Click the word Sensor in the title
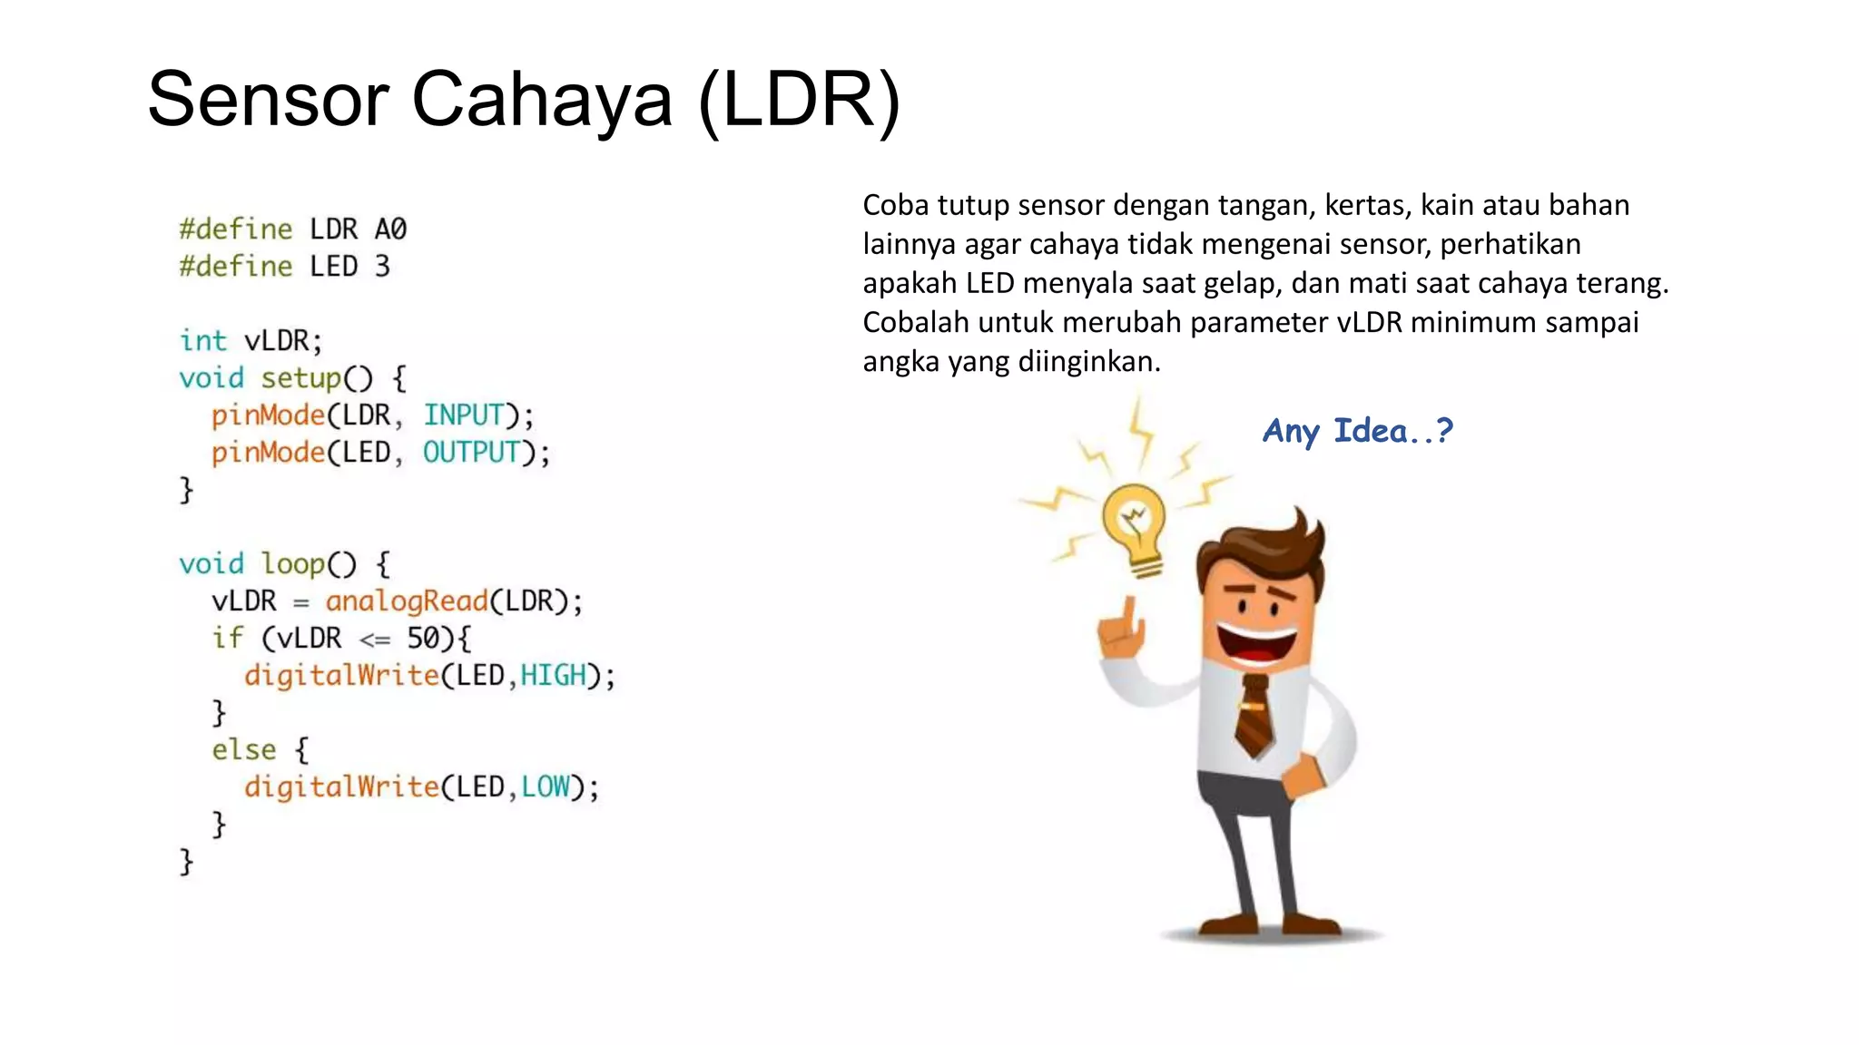(269, 99)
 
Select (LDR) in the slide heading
(800, 99)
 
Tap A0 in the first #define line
(390, 230)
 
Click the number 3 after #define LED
(382, 267)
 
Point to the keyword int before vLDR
(202, 341)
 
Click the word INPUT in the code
(463, 415)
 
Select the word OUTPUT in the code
(471, 453)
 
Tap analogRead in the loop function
(407, 601)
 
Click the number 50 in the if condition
(423, 639)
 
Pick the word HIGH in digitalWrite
(553, 676)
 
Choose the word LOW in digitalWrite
(546, 787)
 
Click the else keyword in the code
(243, 750)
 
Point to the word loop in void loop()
(292, 564)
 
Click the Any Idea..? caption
(1357, 431)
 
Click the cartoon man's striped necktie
(1254, 717)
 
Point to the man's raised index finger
(1129, 610)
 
